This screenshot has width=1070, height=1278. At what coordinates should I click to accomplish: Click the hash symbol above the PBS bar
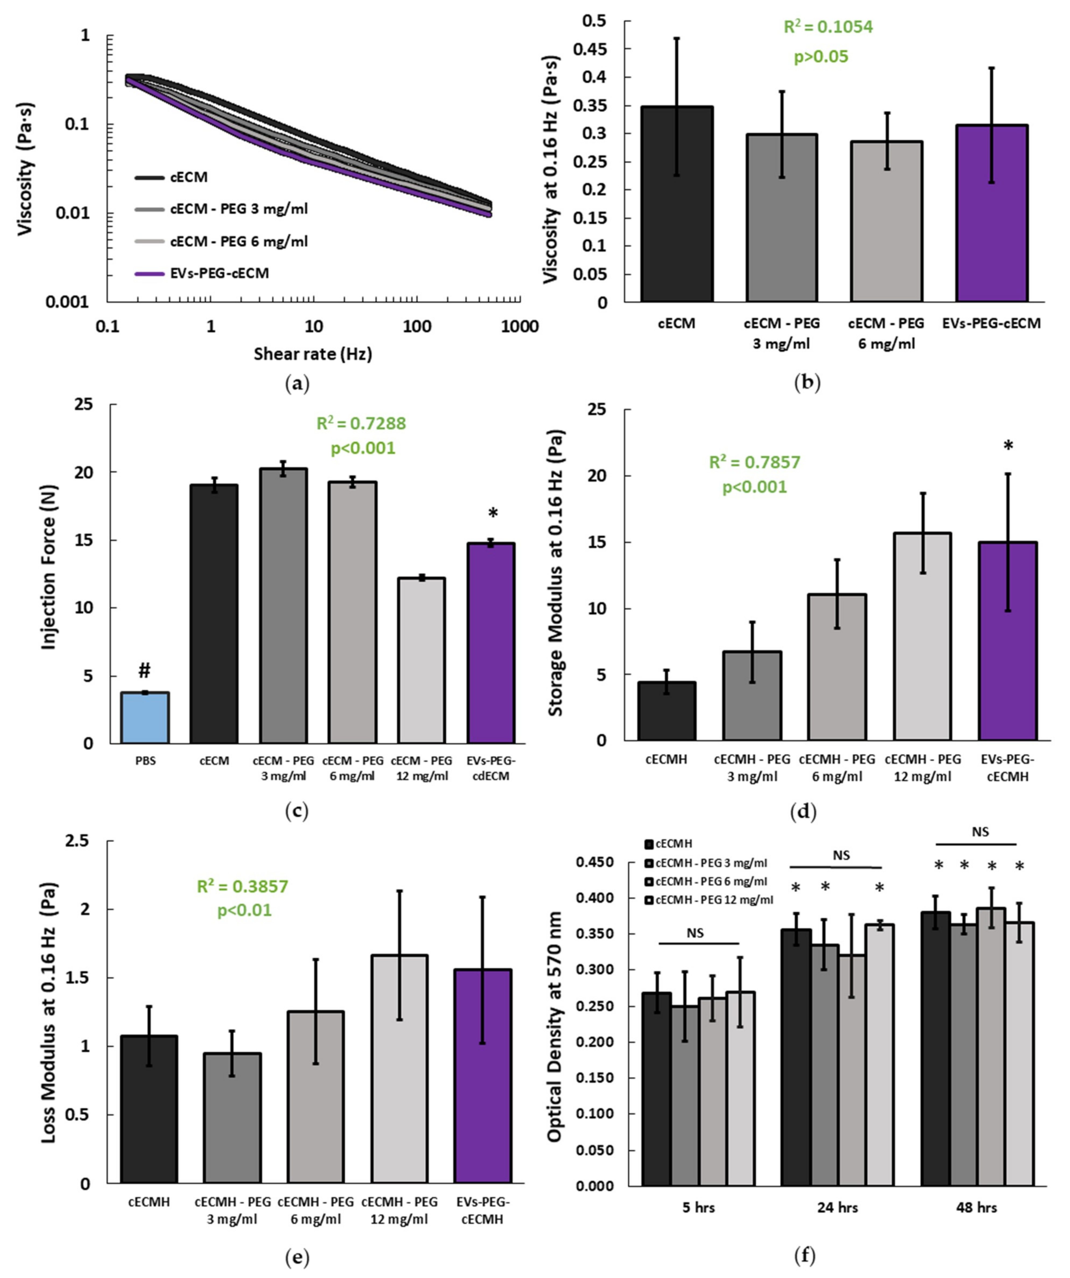pos(144,671)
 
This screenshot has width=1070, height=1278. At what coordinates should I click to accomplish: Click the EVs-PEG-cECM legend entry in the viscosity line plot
pos(219,273)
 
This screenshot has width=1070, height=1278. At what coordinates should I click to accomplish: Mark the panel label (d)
pos(807,811)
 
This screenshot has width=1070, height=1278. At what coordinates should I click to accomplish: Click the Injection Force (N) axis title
pos(49,567)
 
